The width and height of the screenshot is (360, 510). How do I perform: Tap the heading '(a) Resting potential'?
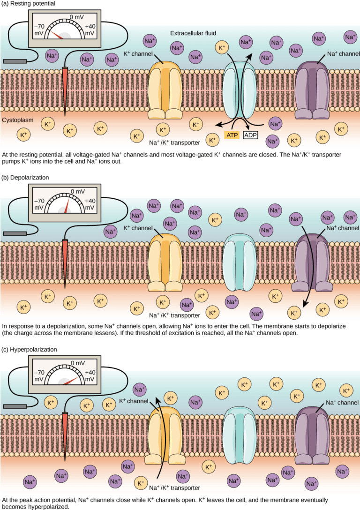point(29,4)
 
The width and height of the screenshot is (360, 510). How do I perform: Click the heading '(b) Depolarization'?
point(26,178)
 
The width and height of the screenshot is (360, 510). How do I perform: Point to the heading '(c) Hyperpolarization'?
point(30,349)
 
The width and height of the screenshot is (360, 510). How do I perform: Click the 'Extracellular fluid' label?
point(193,34)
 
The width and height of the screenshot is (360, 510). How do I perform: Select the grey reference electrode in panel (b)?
point(14,233)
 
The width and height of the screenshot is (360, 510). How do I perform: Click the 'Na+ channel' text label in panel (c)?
point(342,402)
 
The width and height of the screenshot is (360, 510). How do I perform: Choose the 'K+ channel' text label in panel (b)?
point(138,228)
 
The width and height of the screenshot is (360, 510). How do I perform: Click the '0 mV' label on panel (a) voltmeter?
point(77,17)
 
